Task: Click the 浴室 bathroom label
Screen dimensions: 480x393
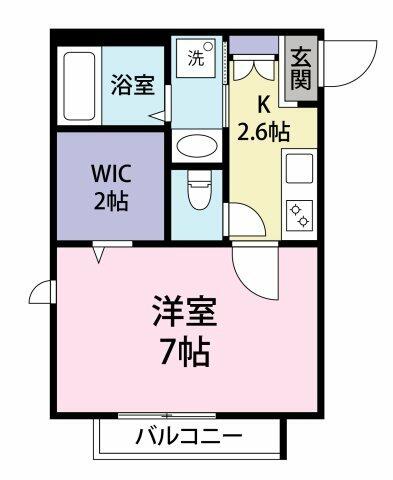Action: coord(133,85)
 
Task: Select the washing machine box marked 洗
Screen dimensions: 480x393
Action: coord(195,58)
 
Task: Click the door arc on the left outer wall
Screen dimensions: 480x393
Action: coord(43,291)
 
